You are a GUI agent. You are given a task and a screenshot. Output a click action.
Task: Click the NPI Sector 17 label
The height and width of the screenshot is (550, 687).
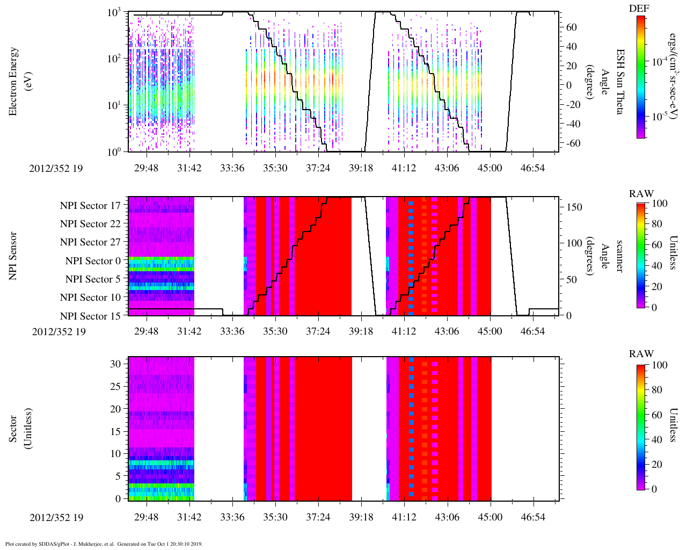tap(90, 205)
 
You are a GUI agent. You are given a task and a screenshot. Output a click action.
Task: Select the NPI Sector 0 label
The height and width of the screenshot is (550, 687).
tap(93, 260)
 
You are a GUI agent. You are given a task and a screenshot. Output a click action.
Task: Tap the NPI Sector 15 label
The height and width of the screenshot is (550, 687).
tap(90, 316)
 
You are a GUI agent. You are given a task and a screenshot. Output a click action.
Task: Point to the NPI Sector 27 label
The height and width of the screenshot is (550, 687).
tap(90, 242)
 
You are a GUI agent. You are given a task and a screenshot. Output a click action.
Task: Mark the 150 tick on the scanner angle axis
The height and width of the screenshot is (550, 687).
tap(574, 207)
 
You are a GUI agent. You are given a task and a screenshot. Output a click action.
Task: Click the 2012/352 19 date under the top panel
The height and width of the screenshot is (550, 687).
tap(56, 168)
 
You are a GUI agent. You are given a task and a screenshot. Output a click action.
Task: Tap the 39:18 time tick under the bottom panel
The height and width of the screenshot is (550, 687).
tap(361, 517)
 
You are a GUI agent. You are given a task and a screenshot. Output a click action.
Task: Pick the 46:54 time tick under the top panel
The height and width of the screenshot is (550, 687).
tap(532, 168)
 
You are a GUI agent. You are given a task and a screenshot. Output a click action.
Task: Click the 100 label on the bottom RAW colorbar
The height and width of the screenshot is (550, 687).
tap(659, 365)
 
